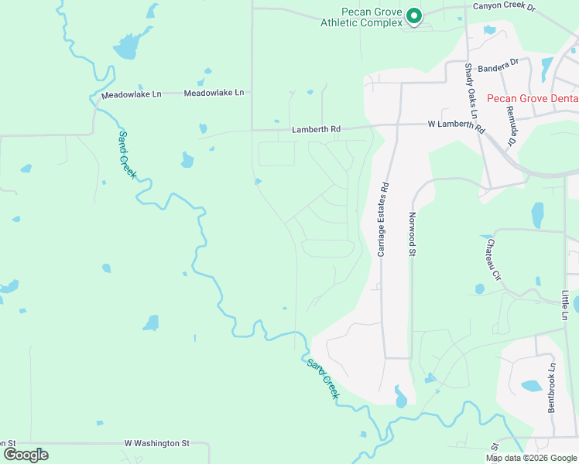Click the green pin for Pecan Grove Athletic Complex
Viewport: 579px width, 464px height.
click(x=414, y=15)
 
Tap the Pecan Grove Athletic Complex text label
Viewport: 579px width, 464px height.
click(x=362, y=17)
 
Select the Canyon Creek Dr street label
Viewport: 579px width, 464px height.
click(x=504, y=7)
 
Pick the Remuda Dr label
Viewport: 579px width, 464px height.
click(x=512, y=125)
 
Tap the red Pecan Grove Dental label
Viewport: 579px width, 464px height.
click(x=533, y=98)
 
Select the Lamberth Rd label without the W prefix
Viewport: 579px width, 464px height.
click(x=316, y=129)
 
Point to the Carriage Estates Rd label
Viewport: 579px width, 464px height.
click(x=382, y=220)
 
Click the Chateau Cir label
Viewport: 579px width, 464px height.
click(x=492, y=258)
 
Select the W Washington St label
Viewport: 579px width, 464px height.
click(x=157, y=444)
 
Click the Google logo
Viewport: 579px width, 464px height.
click(x=26, y=454)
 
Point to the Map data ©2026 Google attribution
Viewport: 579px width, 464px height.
click(x=532, y=458)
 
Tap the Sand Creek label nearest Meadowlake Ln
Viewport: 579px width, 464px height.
click(x=127, y=155)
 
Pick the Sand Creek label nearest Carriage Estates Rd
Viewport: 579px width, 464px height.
click(x=324, y=378)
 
